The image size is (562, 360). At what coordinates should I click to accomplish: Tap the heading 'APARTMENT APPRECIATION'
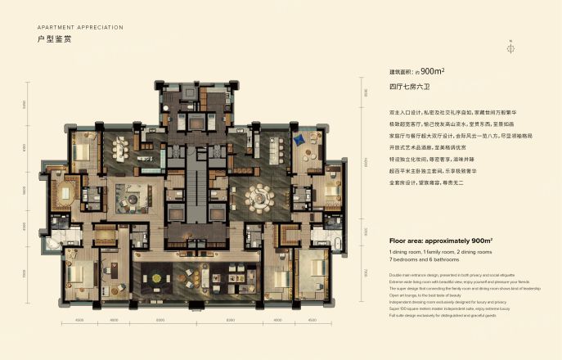pos(80,27)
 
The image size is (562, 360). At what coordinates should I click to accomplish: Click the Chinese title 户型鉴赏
pos(54,39)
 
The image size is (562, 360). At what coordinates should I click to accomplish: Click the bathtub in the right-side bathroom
pos(338,245)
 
